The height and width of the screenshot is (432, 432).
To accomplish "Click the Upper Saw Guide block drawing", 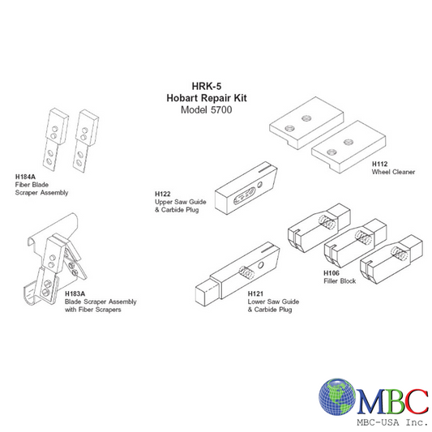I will point(244,190).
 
